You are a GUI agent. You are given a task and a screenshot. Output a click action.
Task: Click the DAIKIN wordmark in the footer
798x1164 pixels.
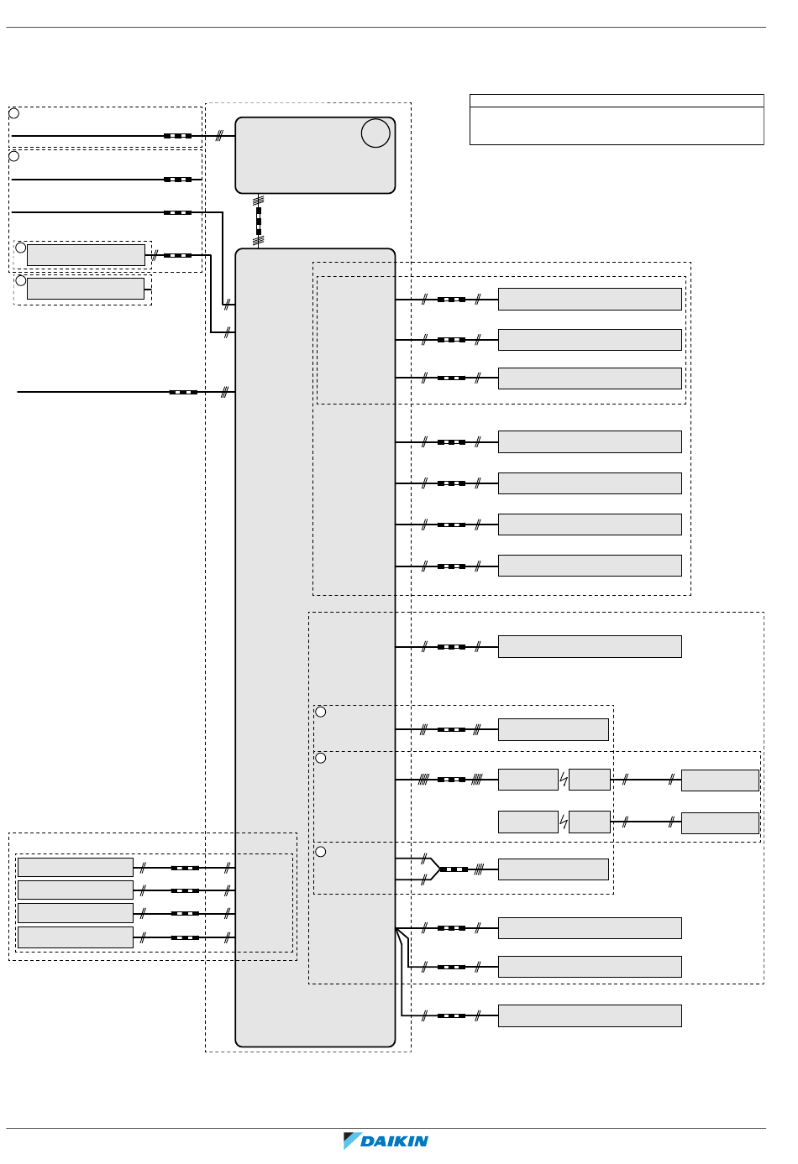point(395,1141)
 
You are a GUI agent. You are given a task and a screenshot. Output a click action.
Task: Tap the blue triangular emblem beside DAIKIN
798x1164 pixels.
point(352,1141)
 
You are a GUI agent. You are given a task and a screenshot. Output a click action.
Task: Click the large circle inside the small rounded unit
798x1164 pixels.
point(375,133)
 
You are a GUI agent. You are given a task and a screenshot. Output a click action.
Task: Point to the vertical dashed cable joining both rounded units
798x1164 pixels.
point(259,221)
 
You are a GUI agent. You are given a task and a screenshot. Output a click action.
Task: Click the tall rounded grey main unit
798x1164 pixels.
point(315,646)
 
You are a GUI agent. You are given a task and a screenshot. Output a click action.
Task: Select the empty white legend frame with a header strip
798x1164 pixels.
point(617,119)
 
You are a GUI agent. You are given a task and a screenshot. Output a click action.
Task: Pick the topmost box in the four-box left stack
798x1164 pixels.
point(76,867)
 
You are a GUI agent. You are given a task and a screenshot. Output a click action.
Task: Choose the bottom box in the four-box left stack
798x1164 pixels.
point(76,937)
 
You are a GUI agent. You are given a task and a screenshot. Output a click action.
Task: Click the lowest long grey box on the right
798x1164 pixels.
point(590,1015)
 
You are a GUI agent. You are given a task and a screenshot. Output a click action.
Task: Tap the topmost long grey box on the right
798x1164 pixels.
point(590,299)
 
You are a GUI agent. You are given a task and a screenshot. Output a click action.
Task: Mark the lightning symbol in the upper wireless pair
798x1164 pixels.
point(564,780)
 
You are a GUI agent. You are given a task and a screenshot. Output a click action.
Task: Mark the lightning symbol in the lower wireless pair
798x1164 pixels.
point(564,822)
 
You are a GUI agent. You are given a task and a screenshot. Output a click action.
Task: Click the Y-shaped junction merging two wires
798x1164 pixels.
point(433,869)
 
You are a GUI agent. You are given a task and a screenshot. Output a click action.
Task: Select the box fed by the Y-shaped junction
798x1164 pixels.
point(553,869)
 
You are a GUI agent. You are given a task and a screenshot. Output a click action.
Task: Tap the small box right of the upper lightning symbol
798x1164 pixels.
point(590,780)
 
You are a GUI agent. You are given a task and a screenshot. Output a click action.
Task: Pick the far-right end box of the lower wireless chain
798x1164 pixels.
point(720,822)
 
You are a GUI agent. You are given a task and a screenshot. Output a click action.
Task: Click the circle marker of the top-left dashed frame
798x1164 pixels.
point(14,113)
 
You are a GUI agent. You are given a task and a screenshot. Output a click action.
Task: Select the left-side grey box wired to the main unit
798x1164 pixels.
point(86,255)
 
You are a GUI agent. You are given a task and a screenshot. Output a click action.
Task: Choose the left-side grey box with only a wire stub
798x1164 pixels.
point(86,289)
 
